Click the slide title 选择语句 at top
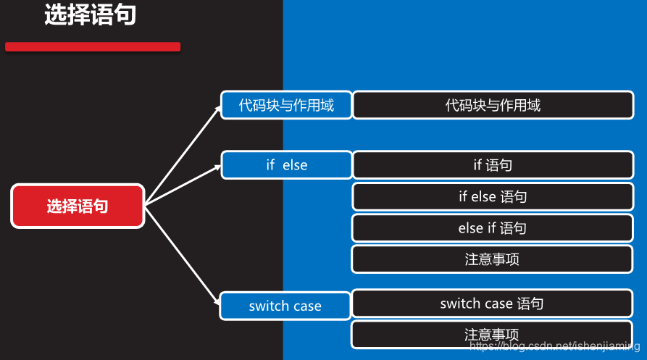(x=90, y=16)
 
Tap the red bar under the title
(x=93, y=47)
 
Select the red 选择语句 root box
(x=78, y=206)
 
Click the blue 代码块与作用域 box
(x=286, y=105)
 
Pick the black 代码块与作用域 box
(x=493, y=105)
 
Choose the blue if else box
(x=286, y=165)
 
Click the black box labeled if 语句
(x=493, y=165)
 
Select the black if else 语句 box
(x=493, y=196)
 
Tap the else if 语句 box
(x=493, y=228)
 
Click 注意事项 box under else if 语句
(x=493, y=259)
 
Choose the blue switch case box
(x=285, y=306)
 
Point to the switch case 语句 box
(x=493, y=304)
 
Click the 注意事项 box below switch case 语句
(x=493, y=335)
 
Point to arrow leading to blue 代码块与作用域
(x=183, y=154)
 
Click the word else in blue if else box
(x=295, y=165)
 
